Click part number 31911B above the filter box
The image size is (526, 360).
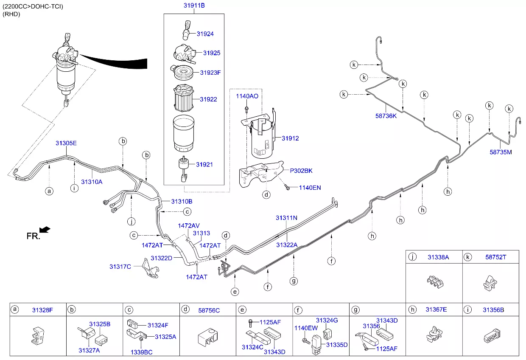point(194,6)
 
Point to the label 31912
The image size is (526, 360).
point(290,138)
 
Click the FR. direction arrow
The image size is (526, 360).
point(45,230)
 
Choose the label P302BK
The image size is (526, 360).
point(301,171)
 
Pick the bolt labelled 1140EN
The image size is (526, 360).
point(287,186)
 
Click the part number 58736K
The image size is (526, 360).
point(386,116)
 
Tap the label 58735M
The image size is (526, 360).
point(501,152)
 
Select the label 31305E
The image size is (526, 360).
point(66,143)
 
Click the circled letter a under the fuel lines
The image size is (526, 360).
point(50,191)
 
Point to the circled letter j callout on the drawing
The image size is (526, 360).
point(131,222)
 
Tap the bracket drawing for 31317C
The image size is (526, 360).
point(149,269)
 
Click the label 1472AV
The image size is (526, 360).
point(189,225)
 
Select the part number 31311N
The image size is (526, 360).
point(286,218)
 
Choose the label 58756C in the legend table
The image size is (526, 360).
point(209,310)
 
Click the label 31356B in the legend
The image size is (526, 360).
point(493,310)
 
